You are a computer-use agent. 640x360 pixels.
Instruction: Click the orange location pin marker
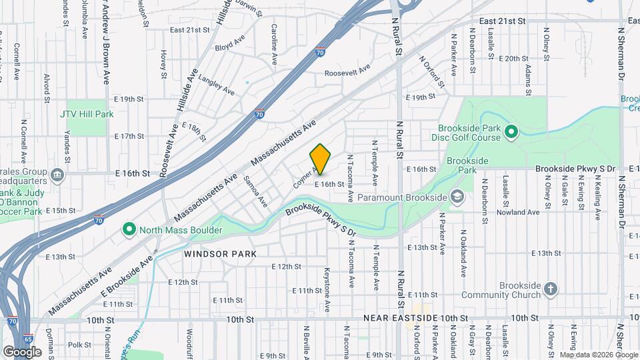coord(321,159)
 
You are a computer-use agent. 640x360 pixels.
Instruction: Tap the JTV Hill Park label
coord(87,114)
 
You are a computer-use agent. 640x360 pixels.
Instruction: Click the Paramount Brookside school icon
coord(457,197)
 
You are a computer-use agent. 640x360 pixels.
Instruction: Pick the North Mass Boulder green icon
coord(129,231)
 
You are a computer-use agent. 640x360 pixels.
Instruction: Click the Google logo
coord(22,351)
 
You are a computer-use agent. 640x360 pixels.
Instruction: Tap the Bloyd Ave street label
coord(230,47)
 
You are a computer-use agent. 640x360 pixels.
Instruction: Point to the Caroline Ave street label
coord(274,44)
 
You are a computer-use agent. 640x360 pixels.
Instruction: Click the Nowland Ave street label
coord(523,212)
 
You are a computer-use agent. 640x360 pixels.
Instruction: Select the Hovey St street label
coord(163,65)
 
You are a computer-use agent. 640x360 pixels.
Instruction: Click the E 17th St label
coord(129,136)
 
